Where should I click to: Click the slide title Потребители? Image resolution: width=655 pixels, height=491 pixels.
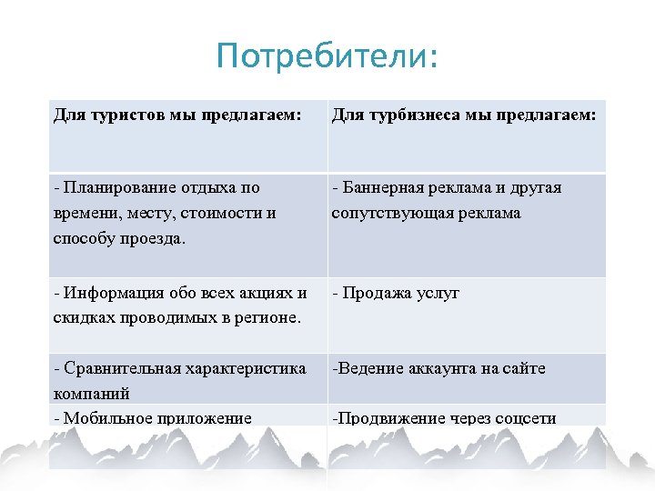327,56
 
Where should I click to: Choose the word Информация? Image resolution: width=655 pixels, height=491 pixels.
111,293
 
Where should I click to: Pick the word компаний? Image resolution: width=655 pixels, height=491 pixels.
92,394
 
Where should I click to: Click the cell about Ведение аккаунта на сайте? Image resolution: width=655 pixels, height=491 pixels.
438,369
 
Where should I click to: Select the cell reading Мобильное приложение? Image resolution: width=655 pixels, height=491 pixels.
153,418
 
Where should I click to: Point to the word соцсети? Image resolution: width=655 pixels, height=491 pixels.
524,418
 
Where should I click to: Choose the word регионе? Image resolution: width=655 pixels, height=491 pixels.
270,317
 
